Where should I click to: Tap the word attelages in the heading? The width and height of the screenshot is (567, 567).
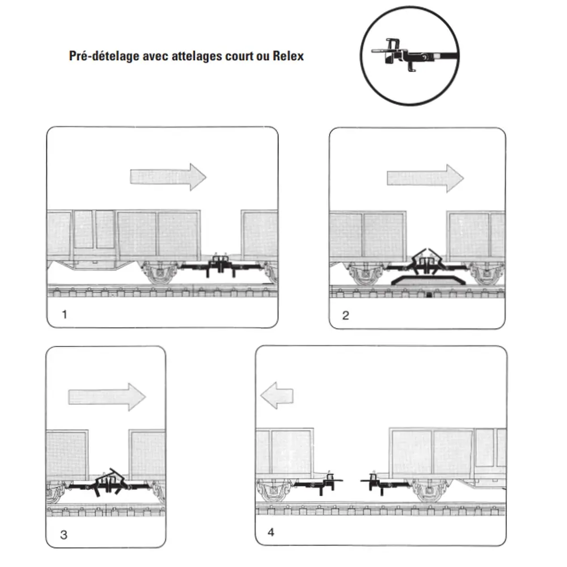point(198,56)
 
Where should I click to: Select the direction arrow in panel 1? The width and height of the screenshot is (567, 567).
point(168,177)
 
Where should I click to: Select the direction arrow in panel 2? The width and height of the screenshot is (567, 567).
point(425,178)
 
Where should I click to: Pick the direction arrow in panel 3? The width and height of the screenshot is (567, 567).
point(107,397)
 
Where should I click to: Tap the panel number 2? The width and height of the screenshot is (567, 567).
point(346,315)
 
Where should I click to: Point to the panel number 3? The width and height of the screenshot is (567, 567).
point(64,534)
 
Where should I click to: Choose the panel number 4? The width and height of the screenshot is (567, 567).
point(271,532)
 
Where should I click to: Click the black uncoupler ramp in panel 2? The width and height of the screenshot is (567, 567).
point(426,280)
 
